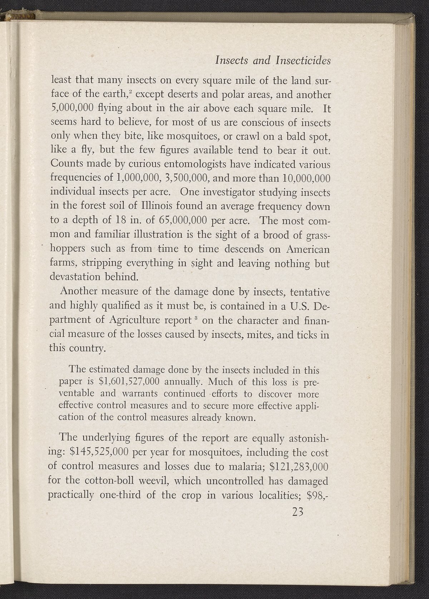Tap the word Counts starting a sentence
[67, 165]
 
